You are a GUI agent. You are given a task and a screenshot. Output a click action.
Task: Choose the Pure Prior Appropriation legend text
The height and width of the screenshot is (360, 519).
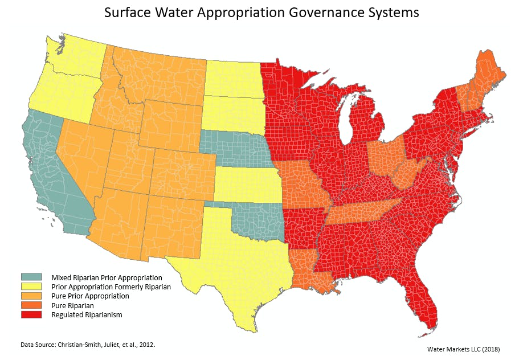(x=90, y=296)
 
